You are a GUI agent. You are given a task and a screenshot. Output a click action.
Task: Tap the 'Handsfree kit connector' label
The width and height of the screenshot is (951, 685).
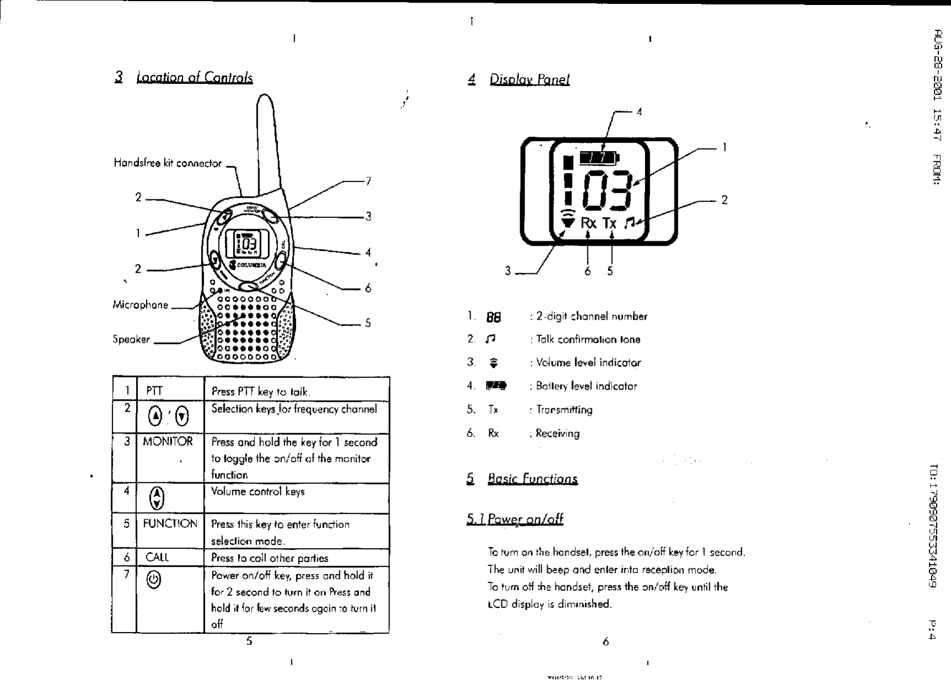pyautogui.click(x=167, y=163)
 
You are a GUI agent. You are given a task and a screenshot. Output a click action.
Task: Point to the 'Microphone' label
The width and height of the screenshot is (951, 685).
pyautogui.click(x=141, y=305)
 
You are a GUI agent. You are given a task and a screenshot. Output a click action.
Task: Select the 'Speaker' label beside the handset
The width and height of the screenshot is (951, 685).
pyautogui.click(x=131, y=339)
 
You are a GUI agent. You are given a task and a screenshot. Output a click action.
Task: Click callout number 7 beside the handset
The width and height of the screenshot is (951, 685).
pyautogui.click(x=368, y=181)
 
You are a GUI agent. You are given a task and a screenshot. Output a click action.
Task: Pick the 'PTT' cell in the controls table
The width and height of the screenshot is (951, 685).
pyautogui.click(x=154, y=391)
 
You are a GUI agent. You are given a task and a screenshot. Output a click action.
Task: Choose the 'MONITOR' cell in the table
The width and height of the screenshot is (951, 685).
pyautogui.click(x=168, y=442)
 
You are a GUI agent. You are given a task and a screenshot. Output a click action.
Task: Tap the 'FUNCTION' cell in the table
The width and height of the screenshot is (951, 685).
pyautogui.click(x=170, y=524)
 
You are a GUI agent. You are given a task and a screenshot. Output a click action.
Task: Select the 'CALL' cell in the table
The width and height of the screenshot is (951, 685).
pyautogui.click(x=157, y=557)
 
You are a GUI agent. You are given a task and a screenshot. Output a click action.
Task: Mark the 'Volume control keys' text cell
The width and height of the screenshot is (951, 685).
pyautogui.click(x=258, y=492)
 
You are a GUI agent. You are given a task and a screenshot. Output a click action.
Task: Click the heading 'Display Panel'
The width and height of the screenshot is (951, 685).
pyautogui.click(x=529, y=79)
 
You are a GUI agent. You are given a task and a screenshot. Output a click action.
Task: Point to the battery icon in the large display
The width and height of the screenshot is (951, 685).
pyautogui.click(x=602, y=157)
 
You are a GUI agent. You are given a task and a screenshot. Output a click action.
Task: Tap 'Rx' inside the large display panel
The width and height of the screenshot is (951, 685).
pyautogui.click(x=588, y=223)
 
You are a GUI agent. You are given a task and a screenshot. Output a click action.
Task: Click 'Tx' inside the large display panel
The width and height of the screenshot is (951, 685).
pyautogui.click(x=609, y=223)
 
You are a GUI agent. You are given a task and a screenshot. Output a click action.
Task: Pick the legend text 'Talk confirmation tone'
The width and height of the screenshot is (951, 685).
pyautogui.click(x=588, y=339)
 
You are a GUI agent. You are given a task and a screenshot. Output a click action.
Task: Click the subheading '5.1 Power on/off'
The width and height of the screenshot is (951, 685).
pyautogui.click(x=515, y=519)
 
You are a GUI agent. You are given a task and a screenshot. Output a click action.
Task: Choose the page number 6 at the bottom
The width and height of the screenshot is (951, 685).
pyautogui.click(x=606, y=641)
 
